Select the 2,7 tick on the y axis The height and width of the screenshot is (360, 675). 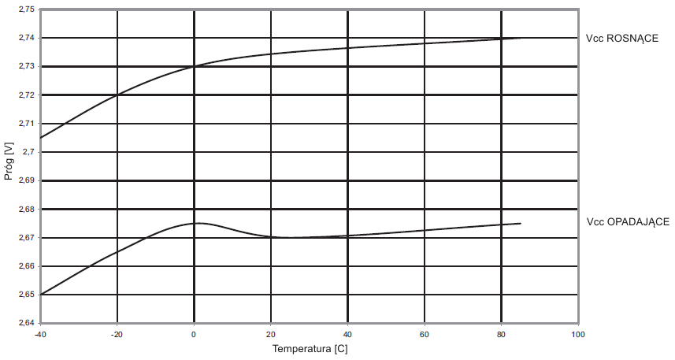coord(29,152)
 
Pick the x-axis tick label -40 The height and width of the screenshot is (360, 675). coord(40,335)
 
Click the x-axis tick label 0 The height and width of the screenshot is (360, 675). coord(194,335)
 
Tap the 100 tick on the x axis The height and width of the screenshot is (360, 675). coord(578,335)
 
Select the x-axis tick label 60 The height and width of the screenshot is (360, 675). coord(425,335)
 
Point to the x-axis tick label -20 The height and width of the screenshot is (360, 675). coord(117,335)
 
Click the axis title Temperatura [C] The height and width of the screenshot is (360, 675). coord(308,347)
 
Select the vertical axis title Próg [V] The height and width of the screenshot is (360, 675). coord(9,161)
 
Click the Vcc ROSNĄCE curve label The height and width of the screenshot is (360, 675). coord(622,39)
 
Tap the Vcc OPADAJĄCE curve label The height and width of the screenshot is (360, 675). coord(627,223)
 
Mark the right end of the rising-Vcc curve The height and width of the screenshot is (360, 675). coord(521,38)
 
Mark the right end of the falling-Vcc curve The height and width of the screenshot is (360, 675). coord(521,224)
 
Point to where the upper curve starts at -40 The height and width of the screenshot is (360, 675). coord(41,138)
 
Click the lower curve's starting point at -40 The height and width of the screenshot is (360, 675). coord(41,295)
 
